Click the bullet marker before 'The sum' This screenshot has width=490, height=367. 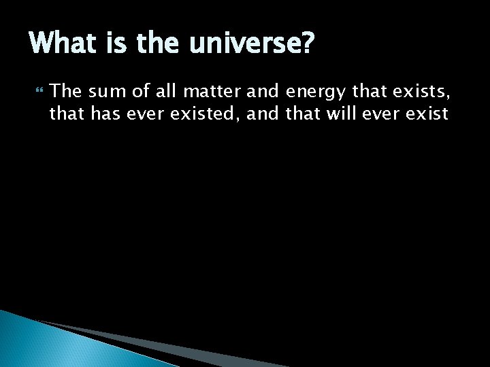[x=37, y=90]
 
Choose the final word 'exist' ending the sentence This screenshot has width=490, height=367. [x=425, y=113]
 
